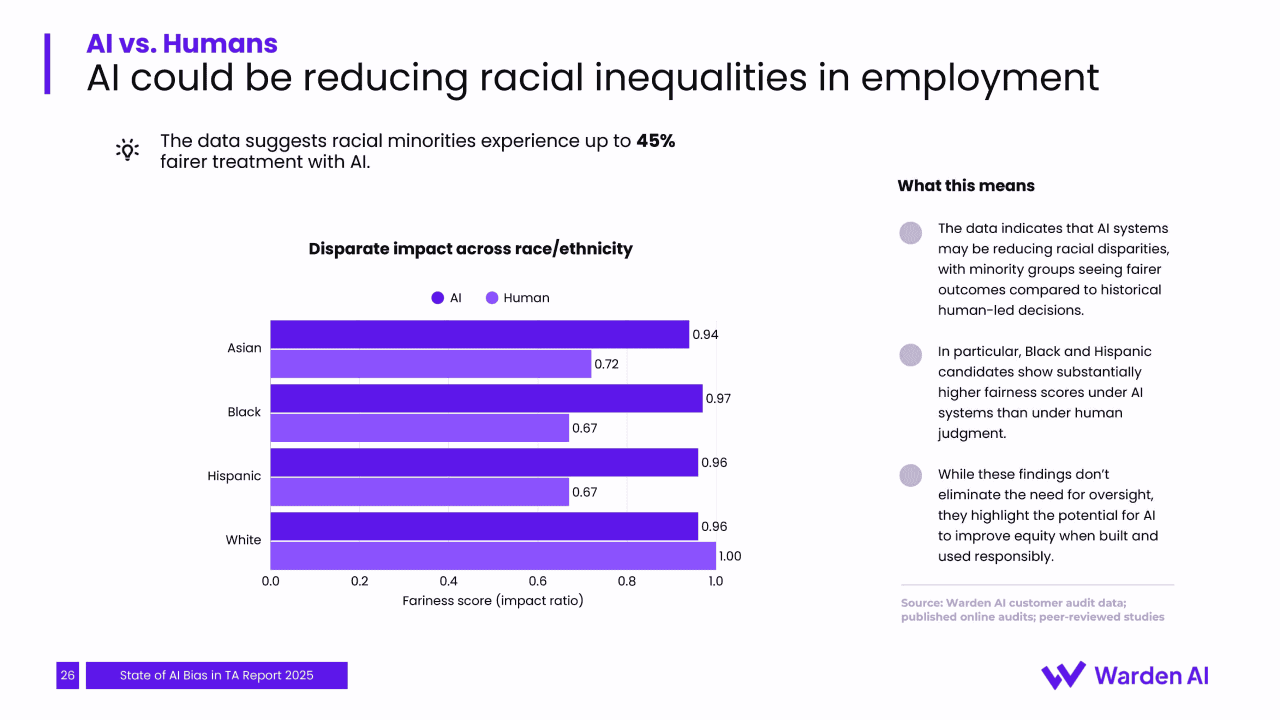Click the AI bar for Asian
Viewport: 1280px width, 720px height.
[x=479, y=334]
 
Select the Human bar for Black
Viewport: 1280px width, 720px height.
[x=419, y=428]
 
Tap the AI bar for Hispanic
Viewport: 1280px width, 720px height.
[x=484, y=462]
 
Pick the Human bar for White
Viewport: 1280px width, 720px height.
[x=493, y=555]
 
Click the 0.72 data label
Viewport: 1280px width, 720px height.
[x=606, y=364]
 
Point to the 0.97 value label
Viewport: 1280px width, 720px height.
[x=718, y=398]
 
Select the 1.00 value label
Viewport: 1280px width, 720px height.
[x=729, y=556]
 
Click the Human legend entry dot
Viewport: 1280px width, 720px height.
[x=492, y=298]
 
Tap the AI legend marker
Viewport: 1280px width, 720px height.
[x=437, y=298]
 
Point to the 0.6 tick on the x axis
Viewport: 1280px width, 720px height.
[x=537, y=581]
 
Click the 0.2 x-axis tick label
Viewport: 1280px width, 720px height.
[x=359, y=581]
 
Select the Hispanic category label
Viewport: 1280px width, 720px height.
[x=234, y=476]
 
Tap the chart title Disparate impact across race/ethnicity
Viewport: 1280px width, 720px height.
[x=470, y=248]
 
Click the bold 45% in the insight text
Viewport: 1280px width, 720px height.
[x=655, y=141]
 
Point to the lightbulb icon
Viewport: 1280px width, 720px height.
[x=127, y=149]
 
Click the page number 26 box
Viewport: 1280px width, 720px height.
[x=67, y=675]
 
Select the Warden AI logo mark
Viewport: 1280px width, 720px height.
[x=1063, y=675]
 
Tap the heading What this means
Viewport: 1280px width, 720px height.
[x=965, y=185]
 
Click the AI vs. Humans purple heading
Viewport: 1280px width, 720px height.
[x=181, y=43]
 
